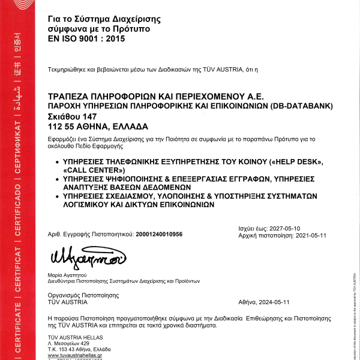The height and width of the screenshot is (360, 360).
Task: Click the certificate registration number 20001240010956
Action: coord(159,234)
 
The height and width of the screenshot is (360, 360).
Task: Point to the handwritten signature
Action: coord(87,257)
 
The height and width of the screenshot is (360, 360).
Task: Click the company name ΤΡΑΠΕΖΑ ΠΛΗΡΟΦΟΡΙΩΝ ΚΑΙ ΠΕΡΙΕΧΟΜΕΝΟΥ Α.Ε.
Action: coord(155,96)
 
